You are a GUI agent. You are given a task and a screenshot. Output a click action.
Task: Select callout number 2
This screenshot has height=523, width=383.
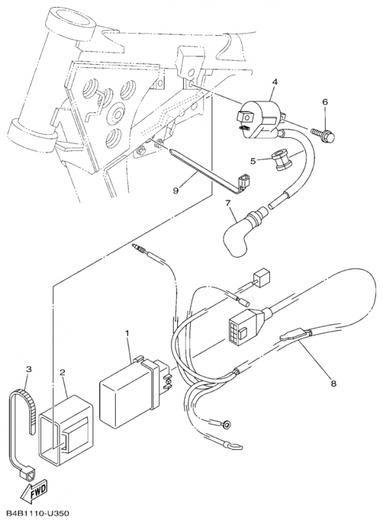(62, 372)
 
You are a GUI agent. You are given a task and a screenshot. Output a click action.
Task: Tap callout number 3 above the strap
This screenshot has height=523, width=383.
(29, 369)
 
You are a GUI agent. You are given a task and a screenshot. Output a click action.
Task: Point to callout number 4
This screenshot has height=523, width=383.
(275, 82)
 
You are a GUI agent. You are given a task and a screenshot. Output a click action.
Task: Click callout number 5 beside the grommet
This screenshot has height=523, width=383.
(254, 161)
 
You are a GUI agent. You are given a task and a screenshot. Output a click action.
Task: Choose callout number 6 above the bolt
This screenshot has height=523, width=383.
(325, 102)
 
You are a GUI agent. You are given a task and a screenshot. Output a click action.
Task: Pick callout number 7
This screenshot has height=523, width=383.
(227, 203)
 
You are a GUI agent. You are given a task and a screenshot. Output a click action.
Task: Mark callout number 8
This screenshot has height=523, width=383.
(333, 384)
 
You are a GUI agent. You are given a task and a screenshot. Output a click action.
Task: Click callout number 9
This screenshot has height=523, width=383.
(176, 190)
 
